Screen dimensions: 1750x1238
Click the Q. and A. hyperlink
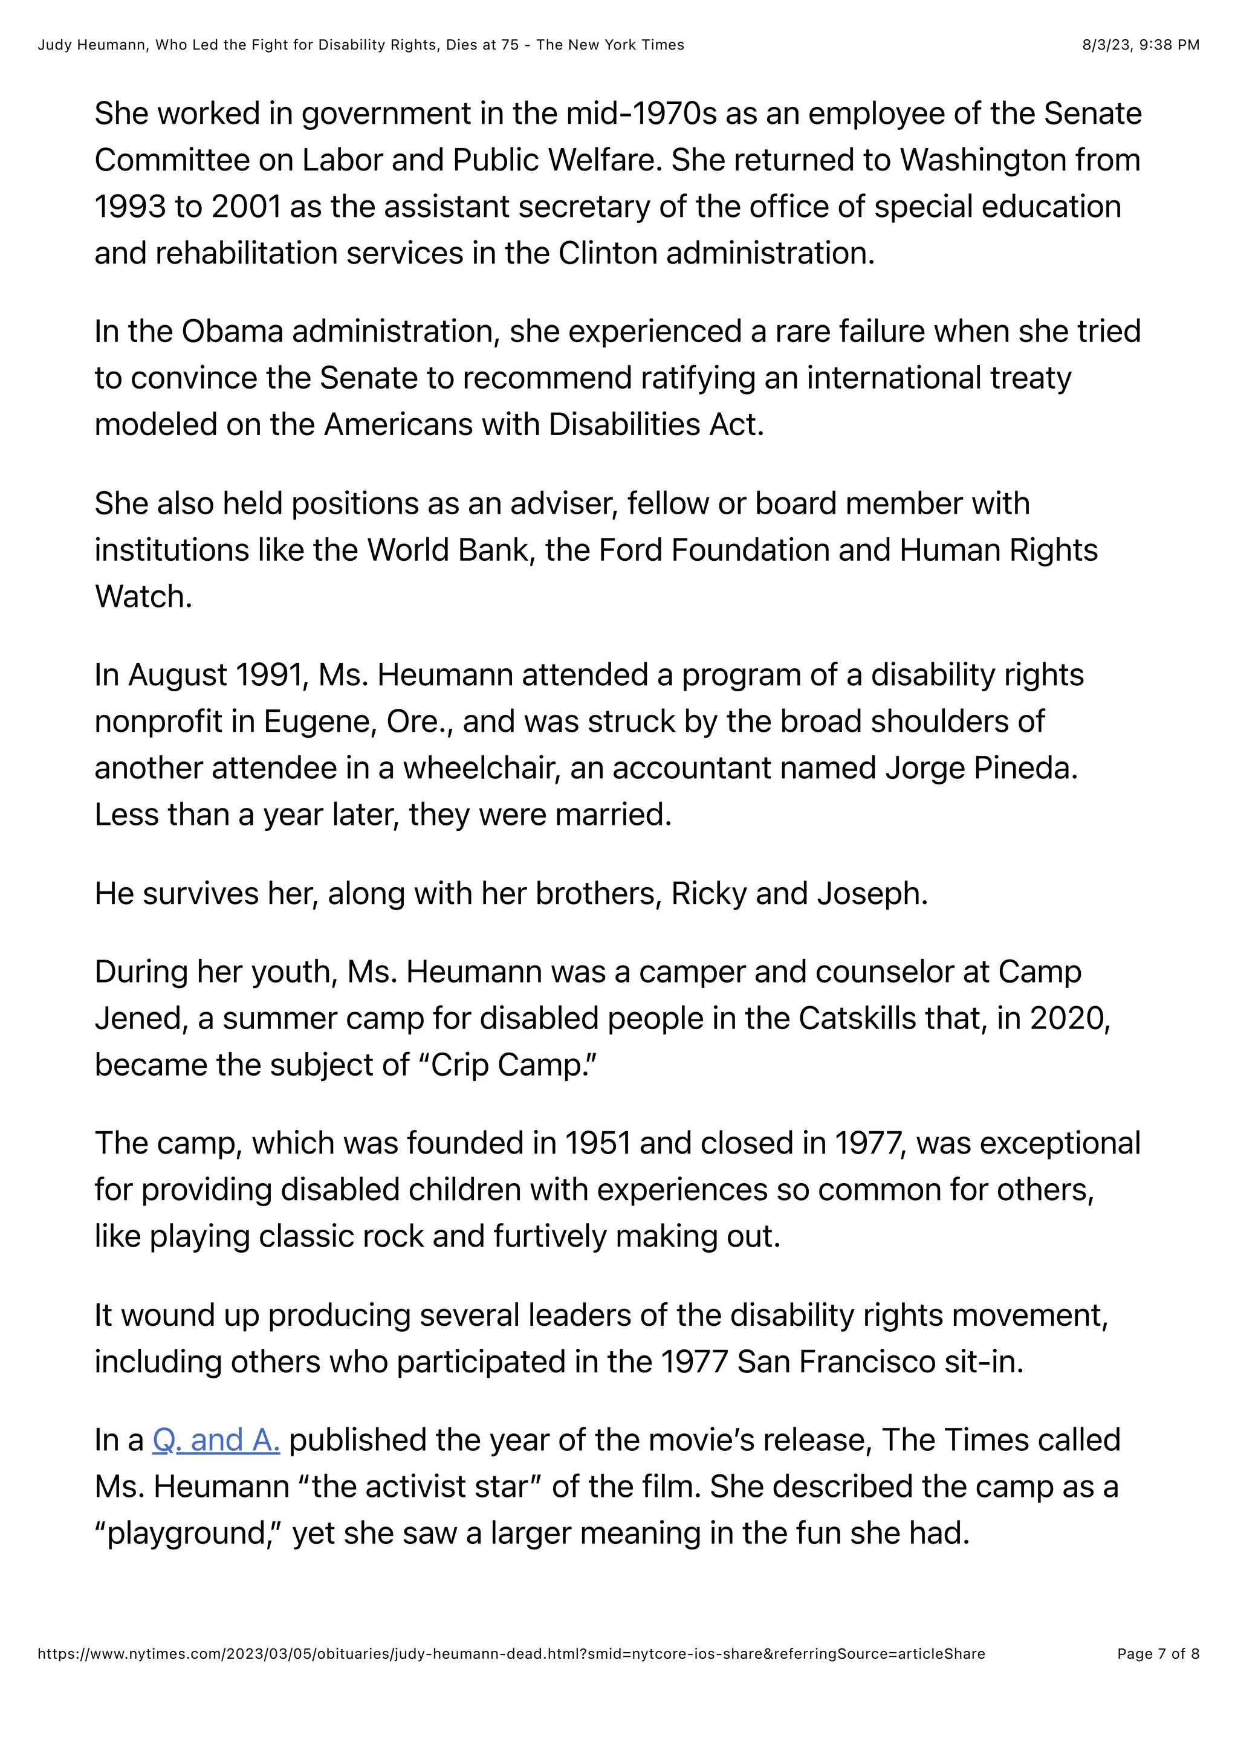[216, 1440]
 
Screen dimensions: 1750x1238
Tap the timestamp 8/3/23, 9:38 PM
[1141, 45]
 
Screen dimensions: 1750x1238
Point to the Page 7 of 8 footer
[1158, 1674]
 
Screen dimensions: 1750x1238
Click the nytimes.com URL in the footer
[511, 1674]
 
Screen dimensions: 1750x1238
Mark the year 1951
[597, 1143]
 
